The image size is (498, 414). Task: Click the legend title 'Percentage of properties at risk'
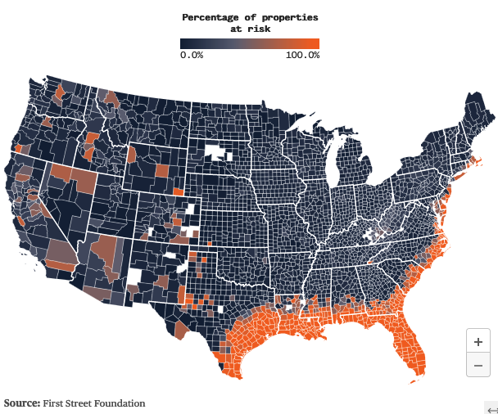click(x=250, y=22)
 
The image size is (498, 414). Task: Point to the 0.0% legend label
click(x=192, y=55)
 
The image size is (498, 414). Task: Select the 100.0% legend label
click(x=302, y=55)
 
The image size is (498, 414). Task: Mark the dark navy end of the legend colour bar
click(x=184, y=44)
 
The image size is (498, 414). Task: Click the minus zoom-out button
click(x=478, y=365)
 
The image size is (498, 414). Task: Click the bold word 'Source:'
click(x=22, y=403)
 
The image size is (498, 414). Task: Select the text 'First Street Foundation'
click(x=94, y=403)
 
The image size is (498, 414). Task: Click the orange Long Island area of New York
click(x=460, y=169)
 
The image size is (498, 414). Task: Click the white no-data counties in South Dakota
click(x=218, y=152)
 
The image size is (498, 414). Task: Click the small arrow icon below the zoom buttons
click(x=491, y=409)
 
